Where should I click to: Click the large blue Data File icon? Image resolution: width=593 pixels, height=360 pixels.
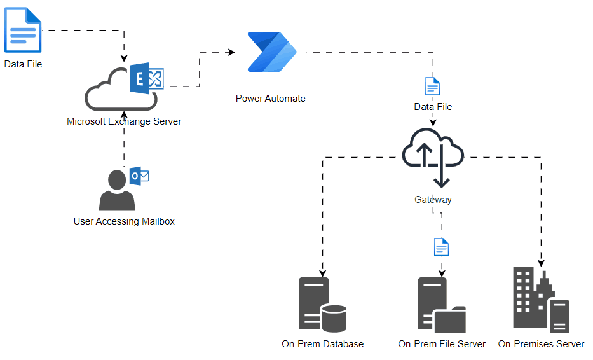point(23,29)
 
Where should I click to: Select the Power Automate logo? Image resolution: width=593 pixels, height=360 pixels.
point(272,52)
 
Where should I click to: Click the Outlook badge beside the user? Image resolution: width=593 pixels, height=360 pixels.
point(139,176)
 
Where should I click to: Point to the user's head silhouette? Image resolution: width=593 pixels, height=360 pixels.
point(117,180)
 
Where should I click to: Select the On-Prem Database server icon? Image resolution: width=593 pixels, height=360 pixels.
point(322,305)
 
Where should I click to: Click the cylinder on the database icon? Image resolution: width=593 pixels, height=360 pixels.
point(334,319)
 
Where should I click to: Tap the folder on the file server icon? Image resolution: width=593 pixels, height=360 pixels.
point(449,319)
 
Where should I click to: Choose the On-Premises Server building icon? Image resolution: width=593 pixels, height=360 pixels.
point(541,300)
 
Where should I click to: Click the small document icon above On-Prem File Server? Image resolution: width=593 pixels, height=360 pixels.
point(441,247)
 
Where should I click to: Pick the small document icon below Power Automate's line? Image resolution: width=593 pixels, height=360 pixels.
point(433,86)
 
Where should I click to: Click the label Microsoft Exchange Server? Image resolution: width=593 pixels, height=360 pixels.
point(124,121)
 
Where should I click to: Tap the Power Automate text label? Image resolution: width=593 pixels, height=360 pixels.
point(270,99)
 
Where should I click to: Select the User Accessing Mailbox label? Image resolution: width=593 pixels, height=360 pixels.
point(124,221)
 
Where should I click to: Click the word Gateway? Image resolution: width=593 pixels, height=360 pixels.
point(433,200)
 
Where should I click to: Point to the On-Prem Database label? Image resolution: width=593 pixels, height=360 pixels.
point(323,343)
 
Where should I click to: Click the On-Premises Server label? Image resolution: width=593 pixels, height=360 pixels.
point(541,343)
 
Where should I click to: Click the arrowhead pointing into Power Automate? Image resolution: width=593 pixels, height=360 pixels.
point(231,52)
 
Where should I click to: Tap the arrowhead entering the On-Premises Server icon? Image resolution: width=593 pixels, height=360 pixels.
point(541,263)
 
